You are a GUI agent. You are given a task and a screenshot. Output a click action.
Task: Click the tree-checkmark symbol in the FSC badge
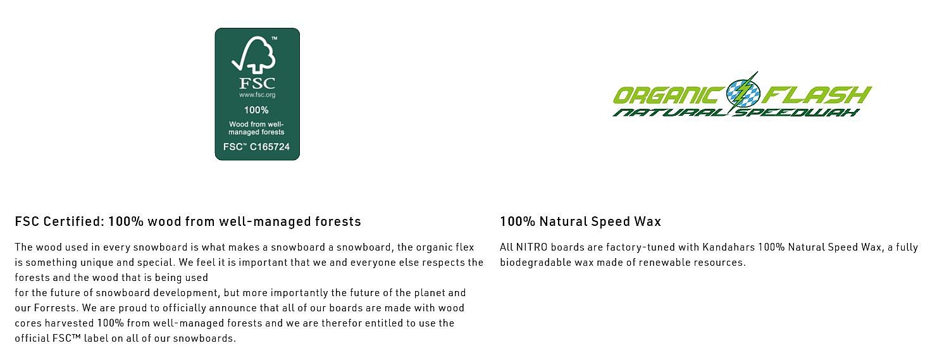click(254, 54)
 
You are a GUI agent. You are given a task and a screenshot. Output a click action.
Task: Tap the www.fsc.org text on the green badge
click(258, 95)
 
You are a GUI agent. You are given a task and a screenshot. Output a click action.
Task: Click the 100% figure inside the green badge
click(256, 110)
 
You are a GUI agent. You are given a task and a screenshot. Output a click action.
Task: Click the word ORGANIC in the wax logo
click(669, 96)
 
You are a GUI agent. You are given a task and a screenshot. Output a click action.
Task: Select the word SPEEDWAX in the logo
click(797, 113)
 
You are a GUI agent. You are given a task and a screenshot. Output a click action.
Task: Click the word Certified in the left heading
click(73, 221)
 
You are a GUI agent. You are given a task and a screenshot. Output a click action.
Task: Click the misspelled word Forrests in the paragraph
click(56, 308)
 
